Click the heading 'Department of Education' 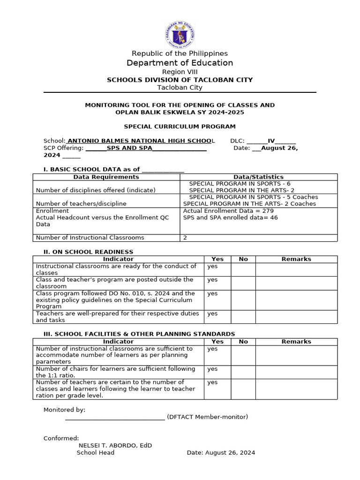click(180, 63)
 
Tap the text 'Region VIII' click(180, 72)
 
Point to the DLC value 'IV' click(271, 141)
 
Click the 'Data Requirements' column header click(106, 177)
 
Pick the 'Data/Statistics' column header click(258, 177)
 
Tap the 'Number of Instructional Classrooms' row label click(90, 238)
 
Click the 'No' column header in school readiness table click(243, 259)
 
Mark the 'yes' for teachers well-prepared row click(213, 314)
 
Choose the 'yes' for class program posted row click(213, 280)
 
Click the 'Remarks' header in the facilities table click(296, 342)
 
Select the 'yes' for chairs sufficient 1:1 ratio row click(213, 369)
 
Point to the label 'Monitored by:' click(64, 410)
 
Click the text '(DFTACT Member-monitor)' click(207, 417)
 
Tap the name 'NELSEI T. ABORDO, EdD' click(115, 445)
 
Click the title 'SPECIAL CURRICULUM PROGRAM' click(180, 127)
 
